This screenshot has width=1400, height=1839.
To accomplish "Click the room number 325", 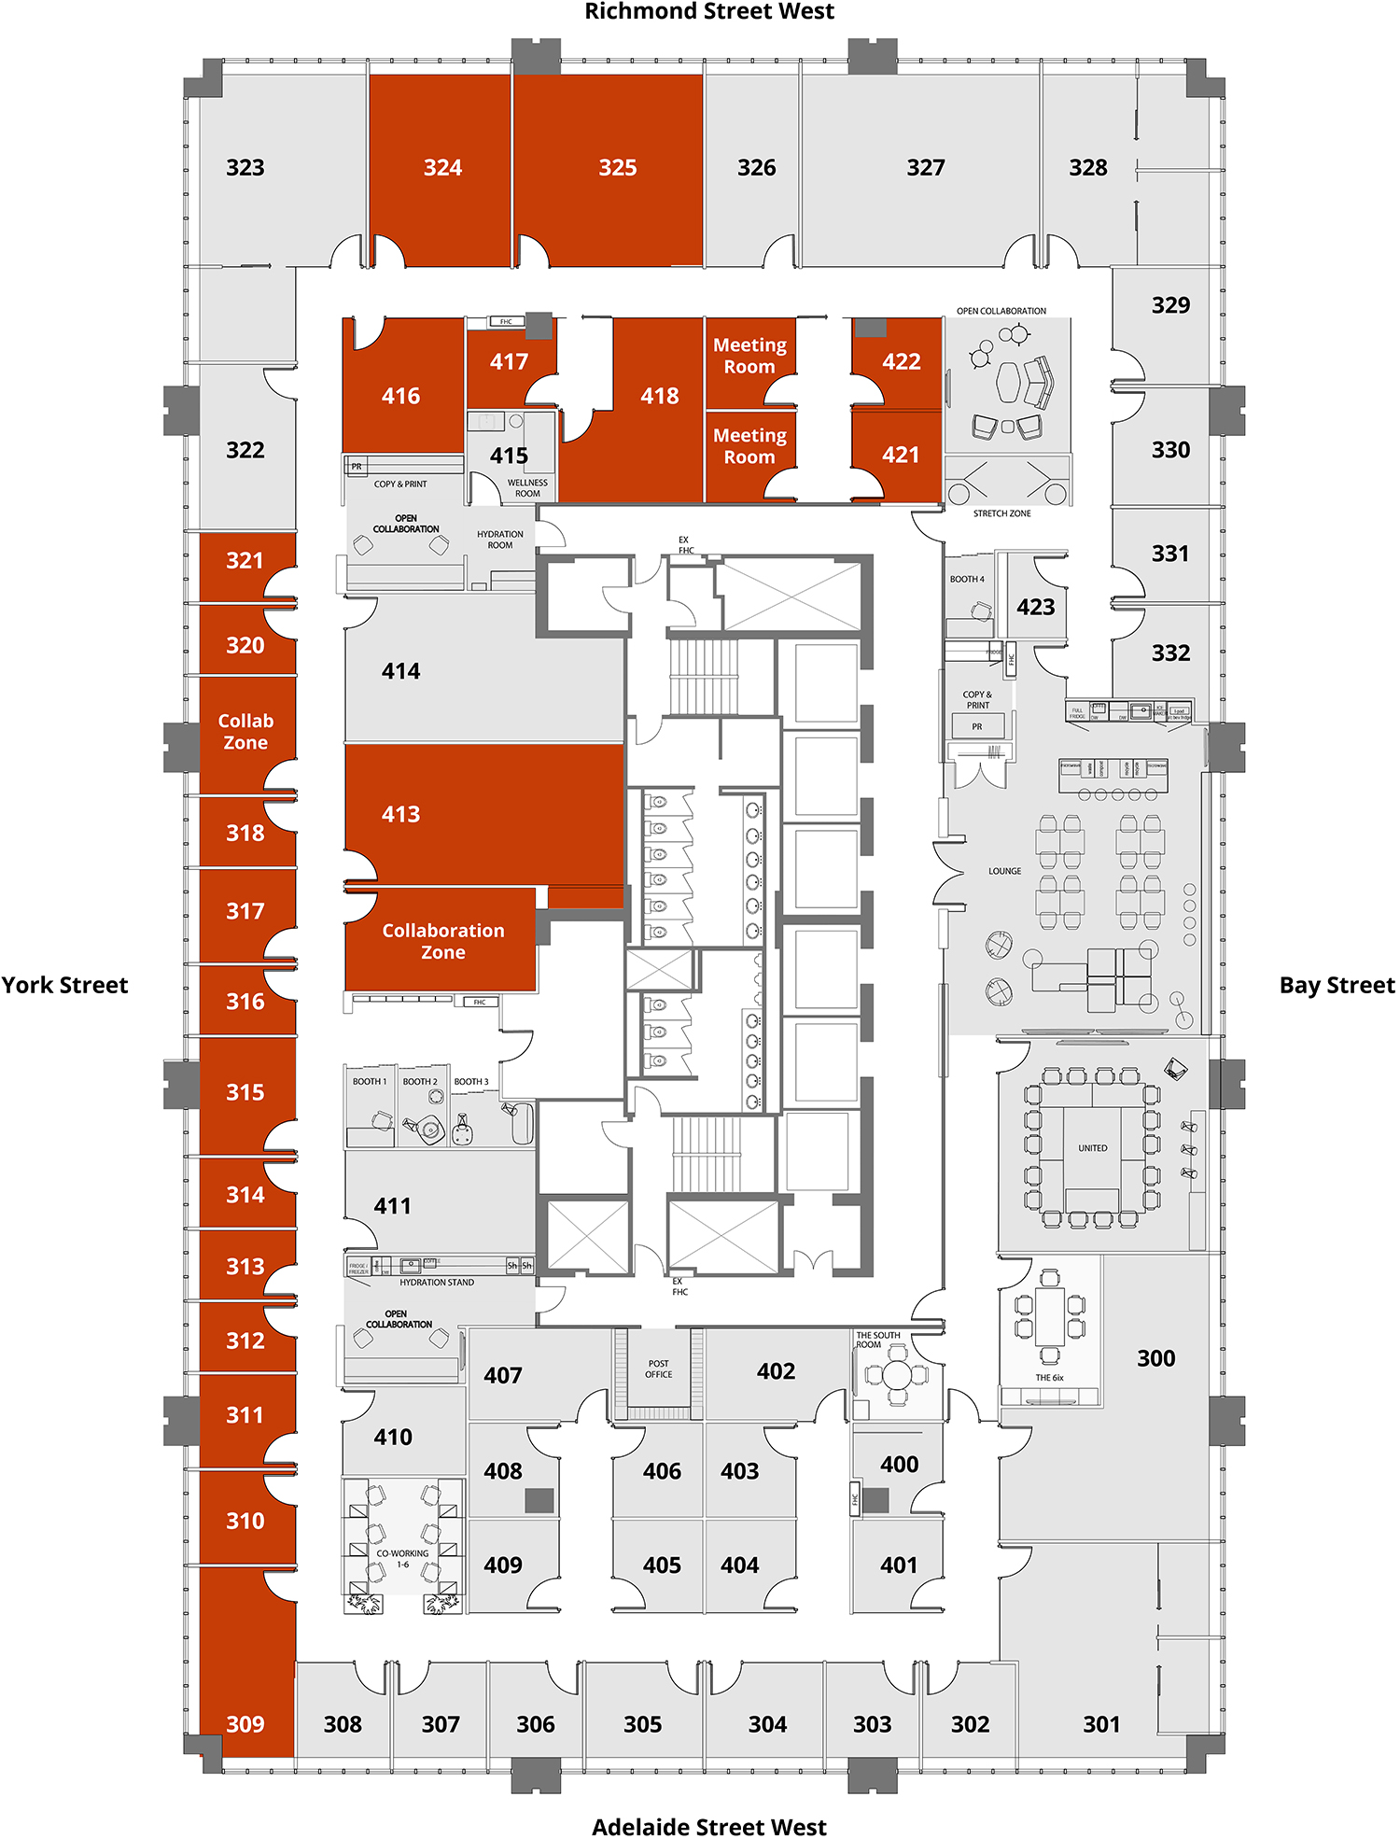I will [617, 168].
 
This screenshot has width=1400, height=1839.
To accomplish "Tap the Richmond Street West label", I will [708, 11].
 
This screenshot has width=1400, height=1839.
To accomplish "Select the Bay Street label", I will [1336, 986].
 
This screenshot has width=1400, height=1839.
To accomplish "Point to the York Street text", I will [64, 986].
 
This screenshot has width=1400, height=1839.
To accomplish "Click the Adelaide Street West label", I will [708, 1826].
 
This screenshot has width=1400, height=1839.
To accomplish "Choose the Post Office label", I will [658, 1369].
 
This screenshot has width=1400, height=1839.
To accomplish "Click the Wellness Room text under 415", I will [527, 488].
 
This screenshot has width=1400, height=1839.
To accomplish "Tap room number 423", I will [1035, 608].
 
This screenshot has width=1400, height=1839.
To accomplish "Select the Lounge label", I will [1004, 871].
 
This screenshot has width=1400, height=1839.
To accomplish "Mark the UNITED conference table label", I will [1092, 1148].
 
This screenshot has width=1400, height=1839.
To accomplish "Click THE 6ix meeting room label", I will [1049, 1378].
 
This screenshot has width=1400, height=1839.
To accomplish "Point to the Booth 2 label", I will [420, 1082].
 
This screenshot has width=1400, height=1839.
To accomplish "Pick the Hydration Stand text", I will [437, 1283].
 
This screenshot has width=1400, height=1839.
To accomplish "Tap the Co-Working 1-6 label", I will [402, 1559].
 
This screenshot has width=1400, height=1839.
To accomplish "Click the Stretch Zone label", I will [1001, 513].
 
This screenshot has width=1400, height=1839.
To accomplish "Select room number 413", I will [400, 815].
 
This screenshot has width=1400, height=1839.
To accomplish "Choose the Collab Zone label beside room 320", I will [245, 732].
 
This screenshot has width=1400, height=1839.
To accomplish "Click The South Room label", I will [877, 1340].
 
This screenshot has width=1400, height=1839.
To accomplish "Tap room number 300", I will [1155, 1359].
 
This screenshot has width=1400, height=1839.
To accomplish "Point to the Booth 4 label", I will [967, 580].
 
